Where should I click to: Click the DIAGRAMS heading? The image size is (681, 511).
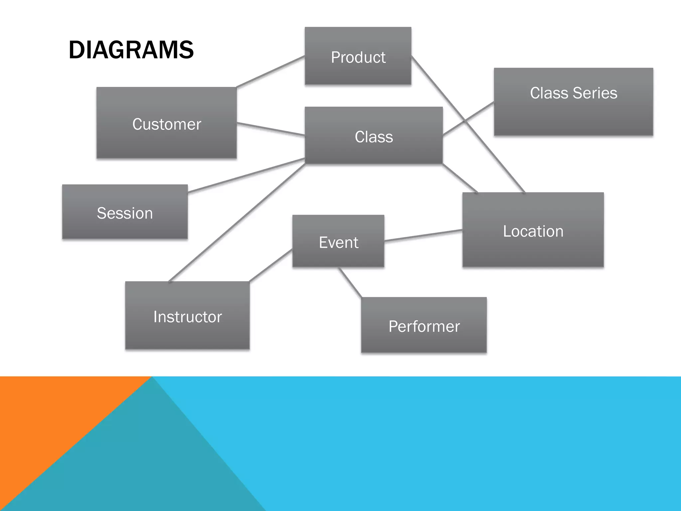click(131, 50)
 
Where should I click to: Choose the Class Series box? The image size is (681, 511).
click(573, 102)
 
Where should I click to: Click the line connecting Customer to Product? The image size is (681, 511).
click(270, 72)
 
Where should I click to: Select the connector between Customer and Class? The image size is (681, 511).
click(270, 129)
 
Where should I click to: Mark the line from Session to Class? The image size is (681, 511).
click(246, 175)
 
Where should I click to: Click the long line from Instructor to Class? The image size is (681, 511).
click(237, 223)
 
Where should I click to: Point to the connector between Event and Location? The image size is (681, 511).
click(423, 235)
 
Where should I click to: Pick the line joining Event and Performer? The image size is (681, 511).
click(350, 282)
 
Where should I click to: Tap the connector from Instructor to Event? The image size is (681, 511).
click(271, 265)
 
